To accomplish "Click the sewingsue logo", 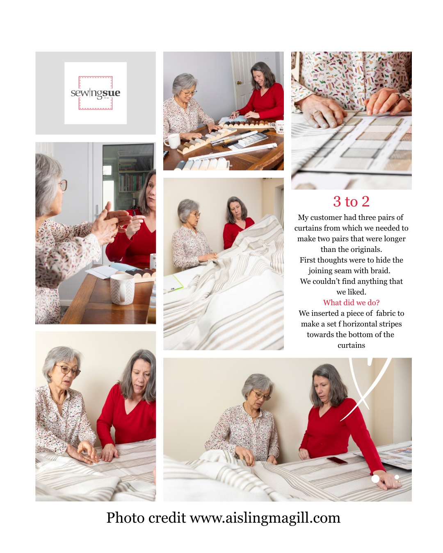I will coord(96,93).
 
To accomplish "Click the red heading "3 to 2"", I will coord(351,202).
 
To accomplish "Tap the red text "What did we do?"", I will coord(351,303).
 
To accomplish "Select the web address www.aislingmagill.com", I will coord(265,518).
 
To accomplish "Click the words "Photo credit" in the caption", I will coord(146,518).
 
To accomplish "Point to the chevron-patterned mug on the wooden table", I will coord(122,288).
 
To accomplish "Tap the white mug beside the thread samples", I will coord(173,141).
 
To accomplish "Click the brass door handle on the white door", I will coord(239,83).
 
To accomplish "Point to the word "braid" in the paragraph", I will coord(379,271).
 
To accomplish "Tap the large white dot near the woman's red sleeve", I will coord(375,478).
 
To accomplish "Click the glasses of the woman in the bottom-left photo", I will coord(68,371).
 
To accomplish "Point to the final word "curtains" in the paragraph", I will coord(351,345).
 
